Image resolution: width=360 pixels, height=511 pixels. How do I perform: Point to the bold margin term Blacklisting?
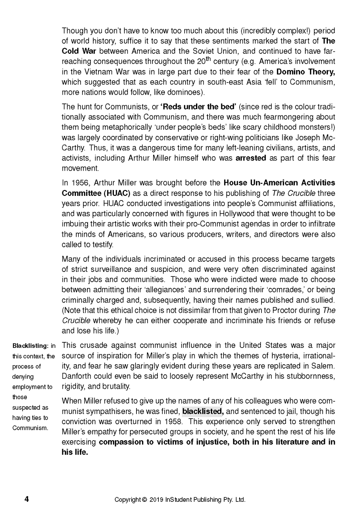(x=30, y=346)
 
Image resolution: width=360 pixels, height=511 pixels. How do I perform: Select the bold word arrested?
(x=251, y=158)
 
